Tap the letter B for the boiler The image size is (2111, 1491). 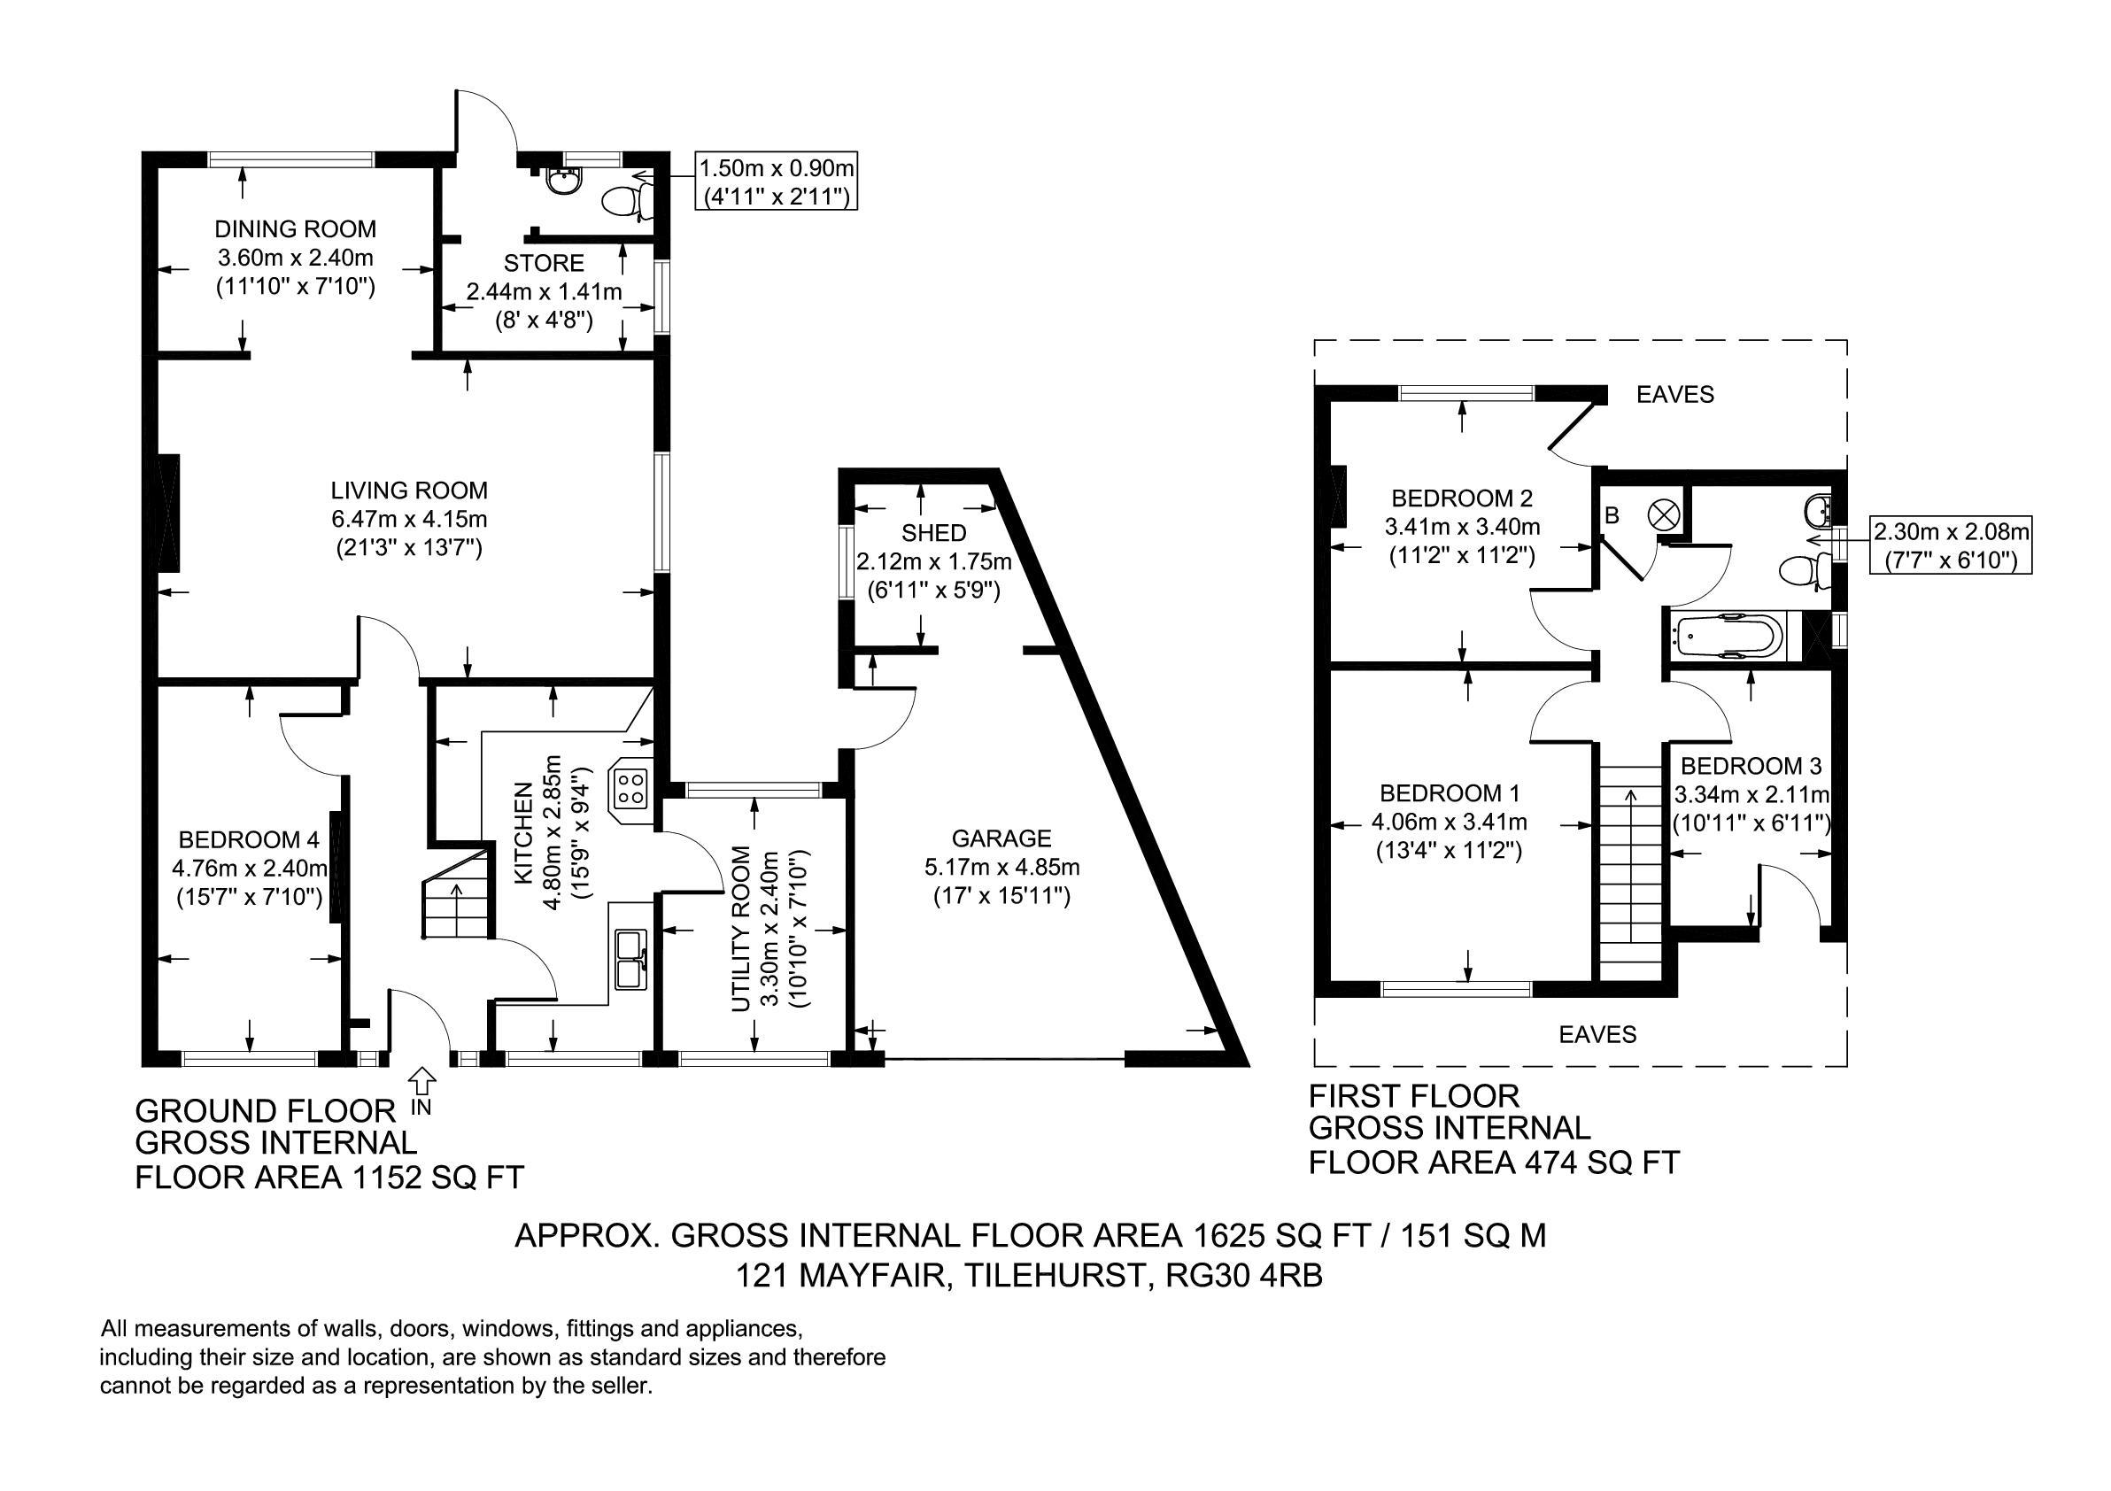click(1612, 516)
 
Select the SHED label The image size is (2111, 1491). click(933, 533)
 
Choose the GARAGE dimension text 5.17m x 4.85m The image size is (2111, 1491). click(1001, 867)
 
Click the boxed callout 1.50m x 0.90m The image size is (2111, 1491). click(776, 182)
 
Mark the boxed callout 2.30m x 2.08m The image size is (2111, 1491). click(1951, 545)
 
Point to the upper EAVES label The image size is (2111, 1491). click(1675, 394)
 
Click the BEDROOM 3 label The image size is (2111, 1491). click(1751, 766)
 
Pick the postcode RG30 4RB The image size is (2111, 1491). click(1243, 1276)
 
